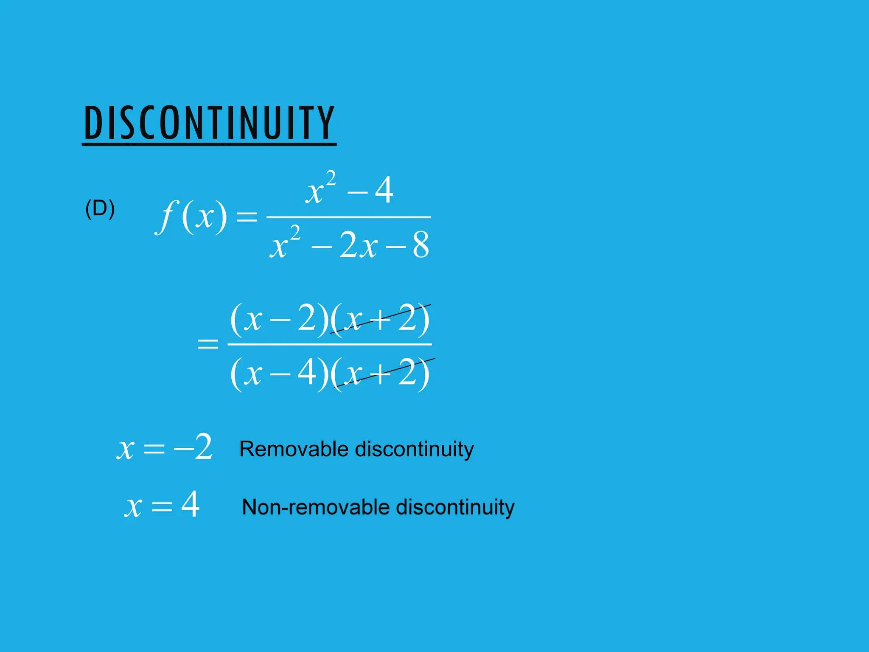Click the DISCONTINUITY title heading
pyautogui.click(x=209, y=123)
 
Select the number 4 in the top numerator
pyautogui.click(x=384, y=191)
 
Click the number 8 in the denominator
pyautogui.click(x=420, y=246)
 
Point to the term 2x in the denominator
pyautogui.click(x=358, y=246)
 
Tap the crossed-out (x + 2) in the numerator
pyautogui.click(x=380, y=319)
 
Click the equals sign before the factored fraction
pyautogui.click(x=208, y=343)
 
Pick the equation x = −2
pyautogui.click(x=165, y=447)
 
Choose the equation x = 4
pyautogui.click(x=162, y=505)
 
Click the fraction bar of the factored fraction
pyautogui.click(x=330, y=344)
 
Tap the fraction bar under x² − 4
pyautogui.click(x=349, y=217)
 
